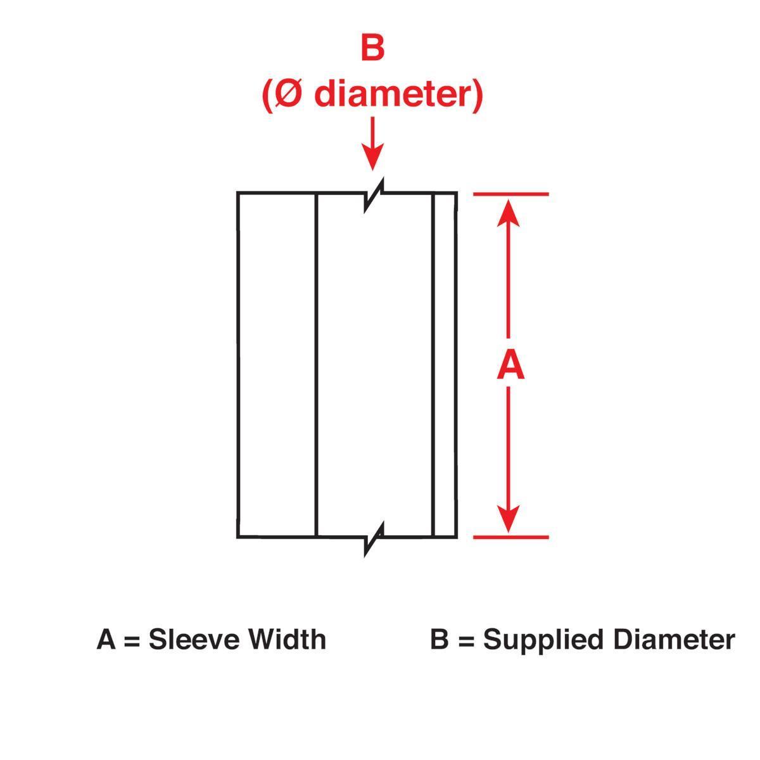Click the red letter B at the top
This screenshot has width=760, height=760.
(x=372, y=49)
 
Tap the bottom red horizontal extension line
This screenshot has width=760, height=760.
(x=510, y=537)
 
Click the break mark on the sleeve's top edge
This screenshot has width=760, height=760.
(x=374, y=194)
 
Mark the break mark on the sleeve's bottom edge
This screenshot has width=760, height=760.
(x=374, y=538)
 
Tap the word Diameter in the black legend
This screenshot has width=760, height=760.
(x=673, y=640)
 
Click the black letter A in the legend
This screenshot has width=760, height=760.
(x=106, y=640)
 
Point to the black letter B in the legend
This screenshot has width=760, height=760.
(x=439, y=640)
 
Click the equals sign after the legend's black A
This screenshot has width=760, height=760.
(x=131, y=640)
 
